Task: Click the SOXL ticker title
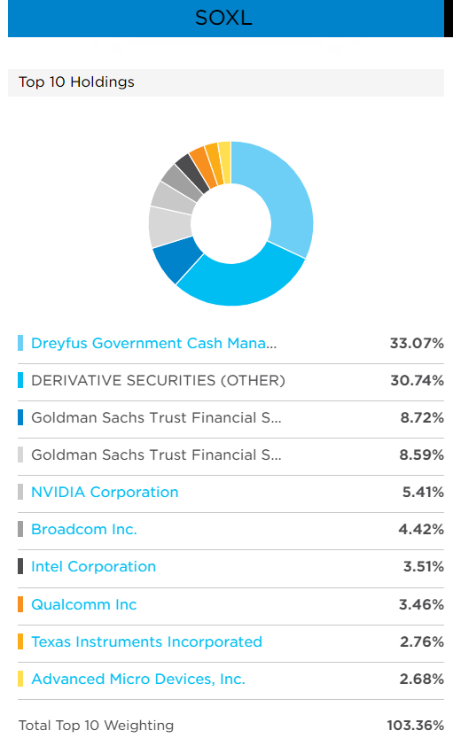(x=224, y=18)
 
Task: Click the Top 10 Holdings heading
(x=76, y=82)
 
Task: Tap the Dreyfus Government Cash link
(x=153, y=343)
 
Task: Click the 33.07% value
(x=416, y=343)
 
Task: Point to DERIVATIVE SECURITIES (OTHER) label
(x=158, y=380)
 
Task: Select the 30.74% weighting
(x=416, y=380)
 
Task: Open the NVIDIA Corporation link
(x=105, y=492)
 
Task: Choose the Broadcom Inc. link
(x=84, y=530)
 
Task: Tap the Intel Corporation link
(x=93, y=567)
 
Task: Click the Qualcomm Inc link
(x=84, y=604)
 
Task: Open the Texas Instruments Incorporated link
(x=146, y=641)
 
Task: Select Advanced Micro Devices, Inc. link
(x=137, y=680)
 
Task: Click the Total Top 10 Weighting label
(x=96, y=726)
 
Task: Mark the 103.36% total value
(x=415, y=726)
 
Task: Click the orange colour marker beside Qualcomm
(x=20, y=604)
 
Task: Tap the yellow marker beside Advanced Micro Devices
(x=20, y=680)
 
